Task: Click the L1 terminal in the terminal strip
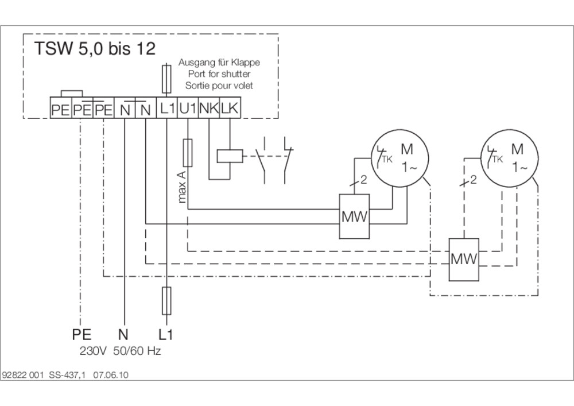167,108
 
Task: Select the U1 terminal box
188,108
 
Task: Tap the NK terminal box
209,108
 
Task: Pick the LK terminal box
230,108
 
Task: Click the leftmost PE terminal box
61,108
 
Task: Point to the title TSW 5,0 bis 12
95,49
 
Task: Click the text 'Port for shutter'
219,74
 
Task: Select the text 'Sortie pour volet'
219,86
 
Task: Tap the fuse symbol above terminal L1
166,79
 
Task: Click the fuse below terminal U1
188,153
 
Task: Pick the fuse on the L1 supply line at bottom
166,301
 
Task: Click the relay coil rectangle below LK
230,156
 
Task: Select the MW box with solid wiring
354,216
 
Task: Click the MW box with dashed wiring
464,260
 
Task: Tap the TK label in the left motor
387,159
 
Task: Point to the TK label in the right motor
498,159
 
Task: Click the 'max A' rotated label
182,187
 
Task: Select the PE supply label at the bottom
82,334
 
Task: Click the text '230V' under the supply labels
93,351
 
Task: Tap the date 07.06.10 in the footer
111,375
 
